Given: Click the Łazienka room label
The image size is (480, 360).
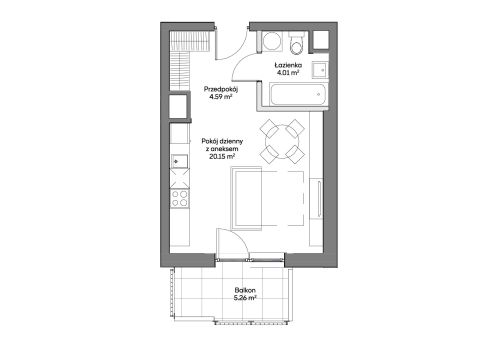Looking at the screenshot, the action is pos(288,65).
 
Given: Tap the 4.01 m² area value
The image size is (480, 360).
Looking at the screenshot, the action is pos(287,72).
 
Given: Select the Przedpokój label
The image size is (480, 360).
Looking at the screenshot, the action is pos(221,90).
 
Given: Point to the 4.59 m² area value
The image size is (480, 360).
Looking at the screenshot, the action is pos(221,97).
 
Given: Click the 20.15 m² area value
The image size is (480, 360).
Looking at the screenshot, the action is pos(222,156).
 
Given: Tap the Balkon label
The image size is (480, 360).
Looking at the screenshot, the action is pos(245,290).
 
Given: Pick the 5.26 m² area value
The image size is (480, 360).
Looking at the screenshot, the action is pos(245,298).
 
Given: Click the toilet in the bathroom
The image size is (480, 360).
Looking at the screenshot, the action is pos(296,43).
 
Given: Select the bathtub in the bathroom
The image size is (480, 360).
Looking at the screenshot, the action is pos(298,95).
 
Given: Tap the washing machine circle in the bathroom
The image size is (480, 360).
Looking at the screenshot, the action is pos(273,42).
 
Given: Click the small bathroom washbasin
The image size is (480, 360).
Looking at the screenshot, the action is pos(320,70).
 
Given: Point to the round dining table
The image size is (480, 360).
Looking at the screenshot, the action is pos(282,142).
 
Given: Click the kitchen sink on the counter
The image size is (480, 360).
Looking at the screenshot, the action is pos(179,161).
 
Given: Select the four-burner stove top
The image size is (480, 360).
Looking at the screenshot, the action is pos(180,198).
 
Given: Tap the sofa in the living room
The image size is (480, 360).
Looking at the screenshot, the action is pos(246,198).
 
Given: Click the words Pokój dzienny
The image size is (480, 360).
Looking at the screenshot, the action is pos(222,141).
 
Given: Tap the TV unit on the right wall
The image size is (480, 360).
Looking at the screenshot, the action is pos(316,199).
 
